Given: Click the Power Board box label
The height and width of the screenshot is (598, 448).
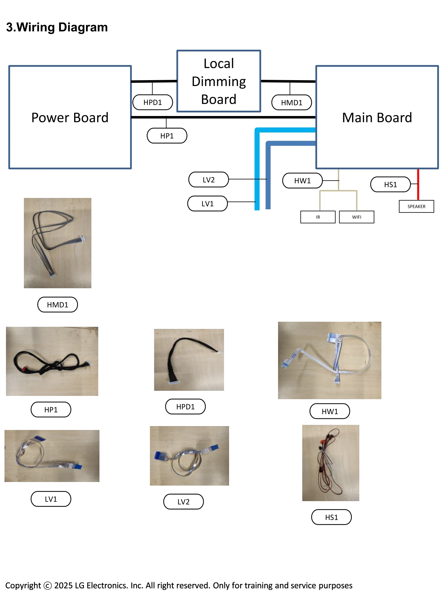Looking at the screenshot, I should [70, 118].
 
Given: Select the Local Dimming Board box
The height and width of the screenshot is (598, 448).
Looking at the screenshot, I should [219, 81].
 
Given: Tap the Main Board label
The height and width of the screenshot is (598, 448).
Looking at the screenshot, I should [377, 118].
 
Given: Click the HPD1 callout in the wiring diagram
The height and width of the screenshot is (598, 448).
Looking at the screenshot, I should [153, 102].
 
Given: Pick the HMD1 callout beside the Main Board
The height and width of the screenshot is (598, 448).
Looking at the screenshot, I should [291, 103].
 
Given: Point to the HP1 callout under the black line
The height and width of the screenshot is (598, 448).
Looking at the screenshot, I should [167, 136].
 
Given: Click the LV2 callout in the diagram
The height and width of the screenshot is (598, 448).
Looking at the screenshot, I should [208, 180].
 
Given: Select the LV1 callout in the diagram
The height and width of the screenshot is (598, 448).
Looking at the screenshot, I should [207, 204].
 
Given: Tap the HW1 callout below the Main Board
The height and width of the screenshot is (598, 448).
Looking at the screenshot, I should [302, 181].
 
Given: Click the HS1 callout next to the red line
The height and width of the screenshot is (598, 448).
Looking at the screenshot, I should [390, 184].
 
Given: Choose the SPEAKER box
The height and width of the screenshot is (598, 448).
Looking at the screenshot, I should [416, 207].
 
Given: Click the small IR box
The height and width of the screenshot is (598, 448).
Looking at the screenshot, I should [318, 217].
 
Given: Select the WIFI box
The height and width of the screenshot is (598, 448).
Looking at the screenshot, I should [357, 217].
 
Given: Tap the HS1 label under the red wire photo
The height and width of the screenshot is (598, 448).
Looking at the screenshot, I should [331, 517].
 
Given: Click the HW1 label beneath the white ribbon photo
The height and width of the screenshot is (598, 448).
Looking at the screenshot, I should [330, 411].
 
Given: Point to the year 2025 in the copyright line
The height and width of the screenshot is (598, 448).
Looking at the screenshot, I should [63, 585].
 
